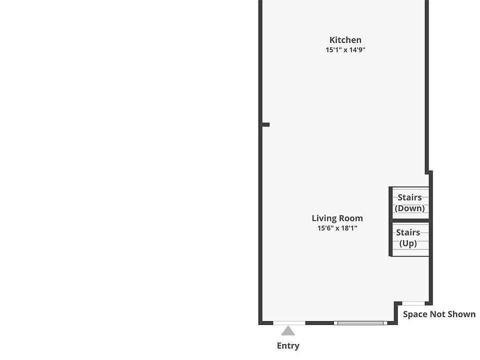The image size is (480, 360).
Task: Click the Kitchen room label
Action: pos(345,40)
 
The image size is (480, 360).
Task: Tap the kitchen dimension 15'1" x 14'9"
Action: pos(345,49)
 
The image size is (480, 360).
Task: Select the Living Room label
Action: pos(337,218)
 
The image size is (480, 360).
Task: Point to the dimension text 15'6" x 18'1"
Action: pos(337,228)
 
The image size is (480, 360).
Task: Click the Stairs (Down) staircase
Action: pos(410,202)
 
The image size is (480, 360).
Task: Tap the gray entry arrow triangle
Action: pos(288,331)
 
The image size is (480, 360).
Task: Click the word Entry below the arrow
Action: pos(288,345)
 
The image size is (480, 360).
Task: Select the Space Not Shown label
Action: pos(439,314)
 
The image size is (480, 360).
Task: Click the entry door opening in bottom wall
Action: pos(289,323)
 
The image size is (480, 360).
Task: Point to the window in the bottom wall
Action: pos(360,323)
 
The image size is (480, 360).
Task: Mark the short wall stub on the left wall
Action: pos(265,124)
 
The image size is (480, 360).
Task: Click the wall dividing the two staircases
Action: pos(410,220)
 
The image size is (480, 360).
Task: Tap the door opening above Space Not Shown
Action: pos(413,303)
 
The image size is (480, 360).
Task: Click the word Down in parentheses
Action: pos(410,208)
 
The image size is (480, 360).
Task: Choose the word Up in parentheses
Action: pos(408,243)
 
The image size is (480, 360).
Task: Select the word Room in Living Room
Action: pos(351,218)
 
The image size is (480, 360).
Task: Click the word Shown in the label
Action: pos(462,314)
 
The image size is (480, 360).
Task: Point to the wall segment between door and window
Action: pos(319,323)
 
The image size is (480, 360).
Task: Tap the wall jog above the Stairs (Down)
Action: pos(428,172)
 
